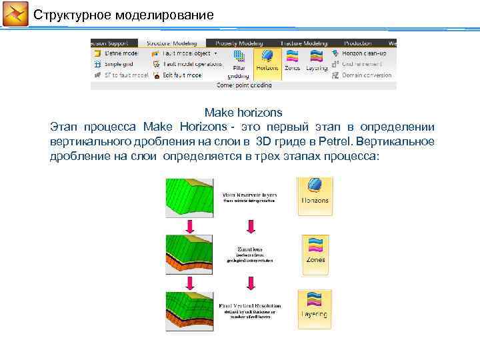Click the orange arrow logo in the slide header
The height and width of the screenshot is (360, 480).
click(15, 14)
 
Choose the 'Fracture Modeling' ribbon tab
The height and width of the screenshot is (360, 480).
click(305, 43)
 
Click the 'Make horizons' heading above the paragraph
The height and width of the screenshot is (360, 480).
click(243, 112)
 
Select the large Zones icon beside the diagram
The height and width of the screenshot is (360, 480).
click(315, 251)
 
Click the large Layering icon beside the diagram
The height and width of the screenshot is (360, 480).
click(315, 307)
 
